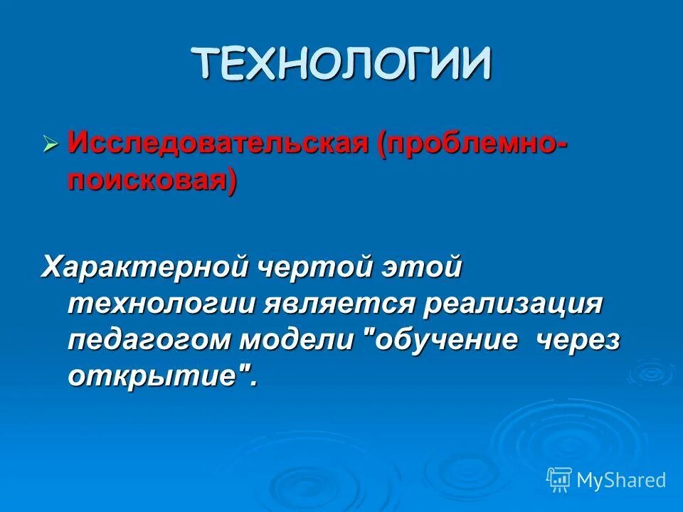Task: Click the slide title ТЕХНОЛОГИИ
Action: (x=341, y=65)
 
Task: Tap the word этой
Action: (x=424, y=270)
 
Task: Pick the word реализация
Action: (x=512, y=304)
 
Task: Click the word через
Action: (x=577, y=340)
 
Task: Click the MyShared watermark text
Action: (x=621, y=480)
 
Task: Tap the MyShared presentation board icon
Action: (x=558, y=479)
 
